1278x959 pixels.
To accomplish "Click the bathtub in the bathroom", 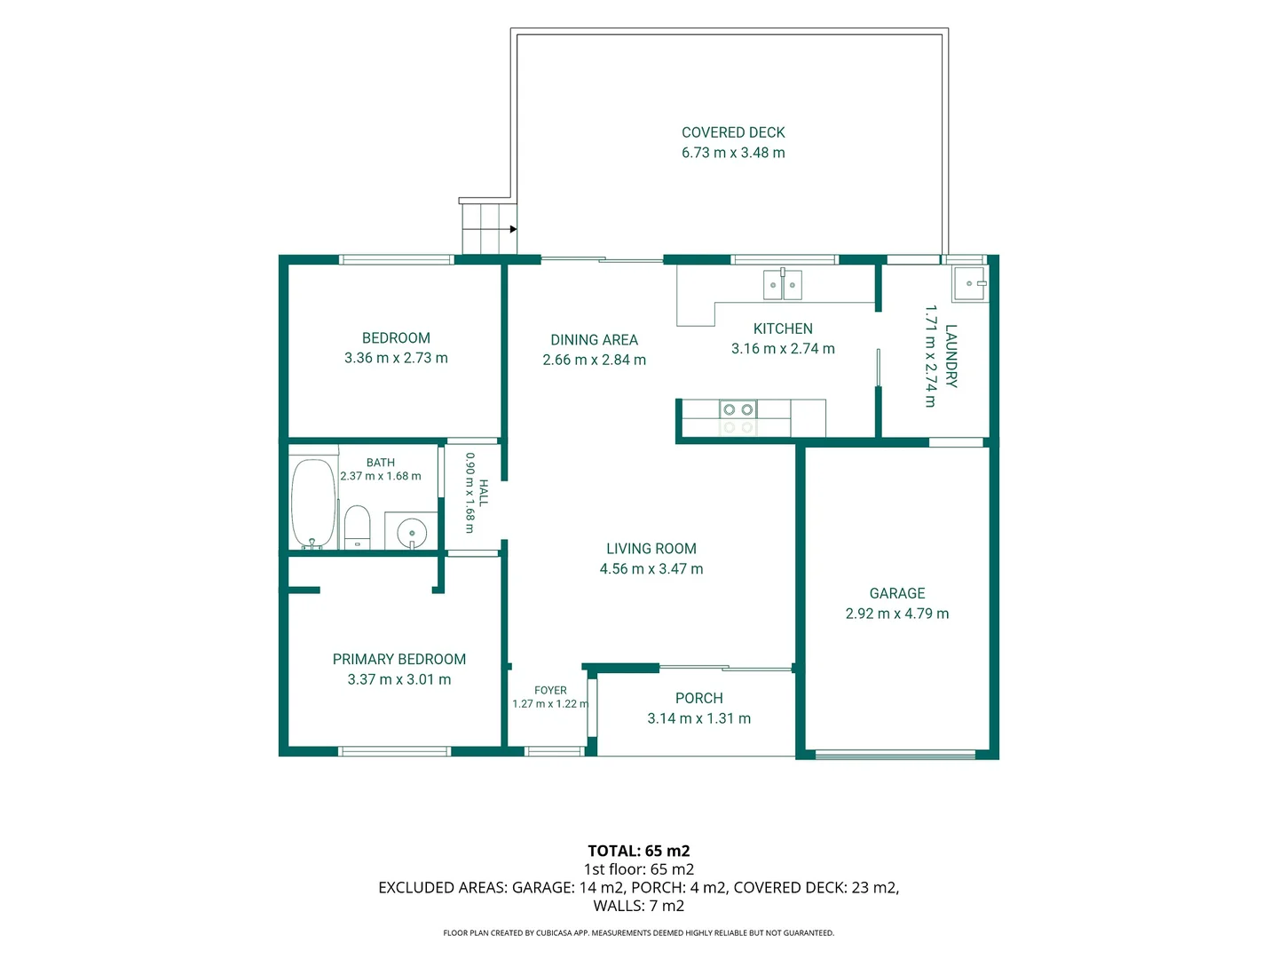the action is (x=313, y=503).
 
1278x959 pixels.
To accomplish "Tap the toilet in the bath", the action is (x=357, y=527).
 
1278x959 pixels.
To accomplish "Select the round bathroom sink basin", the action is (x=412, y=532).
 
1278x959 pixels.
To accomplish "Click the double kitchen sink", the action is (x=782, y=285).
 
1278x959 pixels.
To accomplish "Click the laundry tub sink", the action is (x=969, y=283).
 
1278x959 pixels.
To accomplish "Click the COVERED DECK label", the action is (x=733, y=132).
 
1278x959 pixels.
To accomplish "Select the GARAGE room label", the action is (x=896, y=593).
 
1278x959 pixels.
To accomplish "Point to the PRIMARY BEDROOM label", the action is (x=398, y=659).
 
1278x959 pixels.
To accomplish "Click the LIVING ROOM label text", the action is (x=651, y=548).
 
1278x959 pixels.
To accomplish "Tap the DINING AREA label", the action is (x=594, y=339).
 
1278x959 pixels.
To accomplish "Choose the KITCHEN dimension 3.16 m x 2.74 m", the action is (x=783, y=348).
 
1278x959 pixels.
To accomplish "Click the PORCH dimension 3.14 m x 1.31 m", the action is (x=698, y=718).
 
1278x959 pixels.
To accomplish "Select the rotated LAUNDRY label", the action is (x=951, y=356).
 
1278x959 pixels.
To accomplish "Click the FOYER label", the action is (x=550, y=690).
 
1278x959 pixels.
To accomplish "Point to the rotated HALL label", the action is (x=484, y=493).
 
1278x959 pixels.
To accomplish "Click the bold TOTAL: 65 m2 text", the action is (x=639, y=851).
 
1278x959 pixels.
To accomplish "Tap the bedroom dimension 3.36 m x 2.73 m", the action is (x=396, y=358).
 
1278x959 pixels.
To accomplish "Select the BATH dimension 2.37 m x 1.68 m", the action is (x=380, y=476).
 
